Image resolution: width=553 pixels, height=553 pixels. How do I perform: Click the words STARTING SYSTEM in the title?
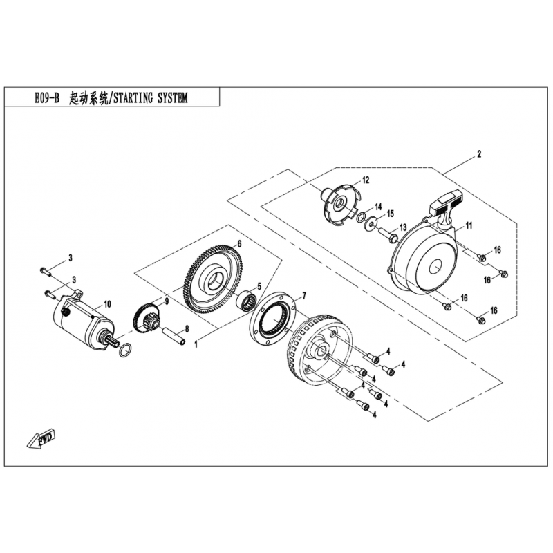(149, 99)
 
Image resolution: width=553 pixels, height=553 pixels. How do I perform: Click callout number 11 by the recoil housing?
(468, 226)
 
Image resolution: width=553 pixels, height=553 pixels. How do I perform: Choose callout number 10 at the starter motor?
(107, 303)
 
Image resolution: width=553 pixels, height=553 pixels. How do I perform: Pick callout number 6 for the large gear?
(239, 244)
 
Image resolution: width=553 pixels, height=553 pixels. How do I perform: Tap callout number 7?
(301, 297)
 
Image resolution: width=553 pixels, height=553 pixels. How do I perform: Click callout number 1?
(197, 342)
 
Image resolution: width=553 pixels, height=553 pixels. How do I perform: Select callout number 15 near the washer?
(390, 213)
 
